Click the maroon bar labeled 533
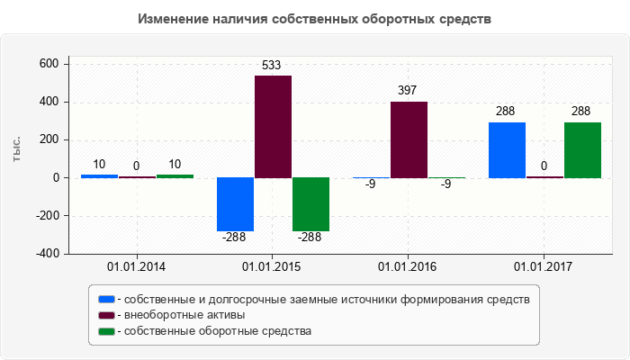point(273,126)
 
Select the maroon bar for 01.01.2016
point(409,139)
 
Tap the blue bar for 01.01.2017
point(507,150)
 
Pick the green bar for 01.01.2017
point(582,150)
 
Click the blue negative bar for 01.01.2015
point(235,204)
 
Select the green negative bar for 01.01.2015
point(310,204)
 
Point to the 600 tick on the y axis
point(49,64)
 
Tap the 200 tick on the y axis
point(49,139)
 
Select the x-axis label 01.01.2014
point(136,267)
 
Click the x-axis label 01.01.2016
point(408,267)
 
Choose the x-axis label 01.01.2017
point(544,267)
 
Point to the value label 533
point(273,65)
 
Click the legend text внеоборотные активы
point(184,315)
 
